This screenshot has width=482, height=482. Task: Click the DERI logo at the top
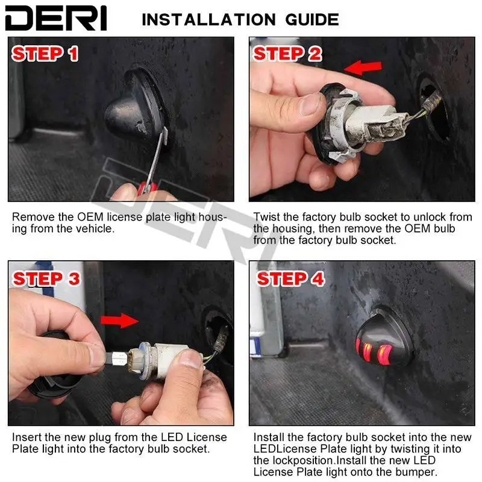[x=56, y=18]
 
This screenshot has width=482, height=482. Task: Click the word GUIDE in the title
[x=312, y=20]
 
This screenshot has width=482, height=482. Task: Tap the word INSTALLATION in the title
[x=208, y=20]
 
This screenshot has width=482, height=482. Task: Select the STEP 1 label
[x=45, y=54]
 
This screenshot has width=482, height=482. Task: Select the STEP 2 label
[x=287, y=54]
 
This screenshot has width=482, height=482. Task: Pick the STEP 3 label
[x=46, y=279]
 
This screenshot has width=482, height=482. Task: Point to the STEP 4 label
[x=290, y=279]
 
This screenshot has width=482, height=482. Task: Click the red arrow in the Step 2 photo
[x=363, y=67]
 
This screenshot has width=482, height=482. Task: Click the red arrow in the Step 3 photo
[x=119, y=321]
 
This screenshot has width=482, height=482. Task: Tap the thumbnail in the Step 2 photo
[x=310, y=104]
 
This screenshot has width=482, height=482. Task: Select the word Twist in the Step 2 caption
[x=267, y=217]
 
